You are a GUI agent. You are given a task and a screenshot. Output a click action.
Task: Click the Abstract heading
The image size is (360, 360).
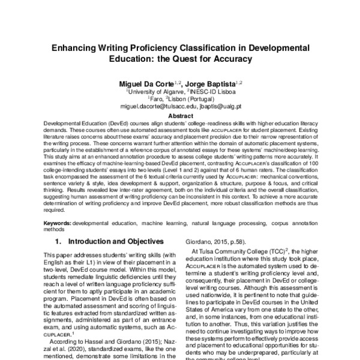(180, 115)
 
